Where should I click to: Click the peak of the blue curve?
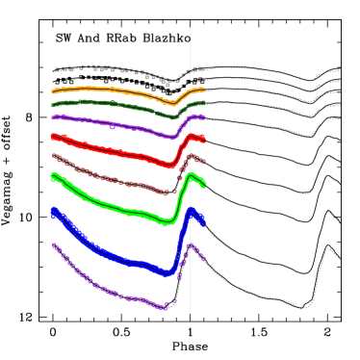pyautogui.click(x=192, y=211)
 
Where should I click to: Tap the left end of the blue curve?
pyautogui.click(x=53, y=211)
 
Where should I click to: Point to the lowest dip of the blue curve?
pyautogui.click(x=167, y=273)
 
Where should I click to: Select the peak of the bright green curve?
pyautogui.click(x=192, y=175)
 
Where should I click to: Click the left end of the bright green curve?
pyautogui.click(x=53, y=175)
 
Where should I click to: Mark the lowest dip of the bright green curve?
pyautogui.click(x=167, y=222)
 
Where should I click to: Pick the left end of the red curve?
pyautogui.click(x=53, y=136)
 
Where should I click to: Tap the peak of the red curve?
pyautogui.click(x=193, y=137)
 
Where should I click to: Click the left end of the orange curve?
pyautogui.click(x=53, y=90)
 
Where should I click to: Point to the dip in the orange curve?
pyautogui.click(x=170, y=103)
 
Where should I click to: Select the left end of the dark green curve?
pyautogui.click(x=53, y=104)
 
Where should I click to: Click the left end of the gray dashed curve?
pyautogui.click(x=53, y=70)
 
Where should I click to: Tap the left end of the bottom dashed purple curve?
pyautogui.click(x=53, y=244)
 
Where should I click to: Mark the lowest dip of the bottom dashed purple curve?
pyautogui.click(x=165, y=308)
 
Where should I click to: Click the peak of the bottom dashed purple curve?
pyautogui.click(x=192, y=246)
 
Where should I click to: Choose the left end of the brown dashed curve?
pyautogui.click(x=53, y=154)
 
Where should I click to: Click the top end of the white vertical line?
pyautogui.click(x=190, y=28)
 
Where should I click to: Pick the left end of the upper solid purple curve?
pyautogui.click(x=53, y=117)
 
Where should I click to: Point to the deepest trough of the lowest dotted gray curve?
pyautogui.click(x=307, y=307)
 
